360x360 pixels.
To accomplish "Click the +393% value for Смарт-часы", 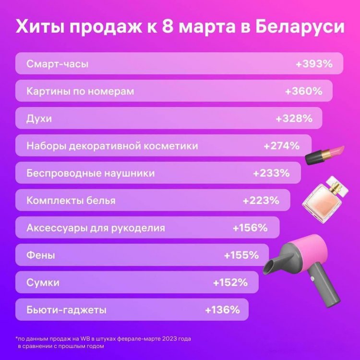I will point(314,63).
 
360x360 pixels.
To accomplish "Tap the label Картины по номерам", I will point(80,91).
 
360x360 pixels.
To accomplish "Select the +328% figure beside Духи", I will point(294,118).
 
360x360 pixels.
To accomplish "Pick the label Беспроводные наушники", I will point(91,173).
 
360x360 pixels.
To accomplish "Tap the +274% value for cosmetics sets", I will point(282,145).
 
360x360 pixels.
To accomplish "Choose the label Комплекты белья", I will point(71,200).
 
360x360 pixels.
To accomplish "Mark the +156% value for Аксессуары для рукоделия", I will point(250,228).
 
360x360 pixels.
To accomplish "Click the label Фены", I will point(41,255).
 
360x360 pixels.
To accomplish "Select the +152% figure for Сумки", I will point(230,282).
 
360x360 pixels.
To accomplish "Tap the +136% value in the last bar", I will point(222,310).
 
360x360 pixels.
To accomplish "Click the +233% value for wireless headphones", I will point(271,173).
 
